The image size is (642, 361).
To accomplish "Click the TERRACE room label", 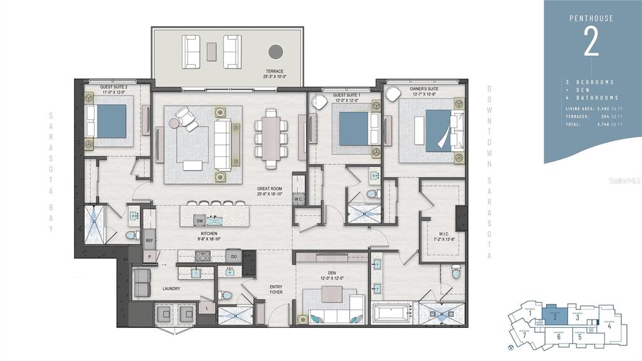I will pos(275,71).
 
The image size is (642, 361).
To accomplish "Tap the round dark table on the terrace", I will pos(275,51).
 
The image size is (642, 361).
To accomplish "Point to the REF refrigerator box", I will pos(149,240).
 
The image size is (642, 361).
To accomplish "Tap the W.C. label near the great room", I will pos(298,200).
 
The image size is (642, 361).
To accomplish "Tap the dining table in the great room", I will pos(271,139).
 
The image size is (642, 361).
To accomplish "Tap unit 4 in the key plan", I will pos(609,325).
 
